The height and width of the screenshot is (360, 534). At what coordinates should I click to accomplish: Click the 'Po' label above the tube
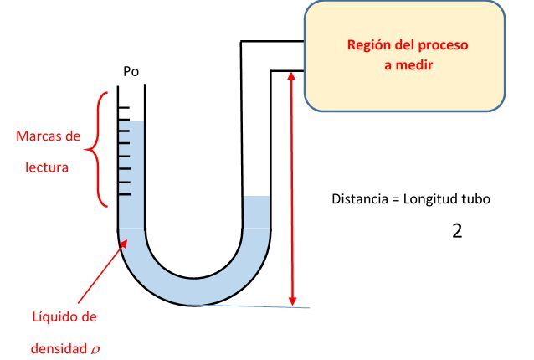click(131, 71)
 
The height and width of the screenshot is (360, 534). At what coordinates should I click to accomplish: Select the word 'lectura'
click(47, 167)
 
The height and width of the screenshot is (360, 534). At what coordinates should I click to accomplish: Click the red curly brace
click(96, 149)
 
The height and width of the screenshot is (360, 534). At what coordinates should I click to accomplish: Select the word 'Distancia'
click(360, 199)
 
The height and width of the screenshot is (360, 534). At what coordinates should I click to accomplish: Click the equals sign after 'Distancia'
click(395, 199)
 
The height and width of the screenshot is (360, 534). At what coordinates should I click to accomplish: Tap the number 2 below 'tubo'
click(457, 231)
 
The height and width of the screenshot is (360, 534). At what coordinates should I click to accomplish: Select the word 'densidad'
click(59, 349)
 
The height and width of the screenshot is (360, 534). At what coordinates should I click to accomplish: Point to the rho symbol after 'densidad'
click(95, 350)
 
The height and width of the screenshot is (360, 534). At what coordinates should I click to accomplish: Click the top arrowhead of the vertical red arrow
click(291, 75)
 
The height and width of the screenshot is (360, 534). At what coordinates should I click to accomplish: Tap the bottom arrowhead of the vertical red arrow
click(292, 301)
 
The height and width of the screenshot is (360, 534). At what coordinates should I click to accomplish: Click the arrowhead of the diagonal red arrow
click(123, 244)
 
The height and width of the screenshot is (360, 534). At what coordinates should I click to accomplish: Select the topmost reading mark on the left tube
click(123, 108)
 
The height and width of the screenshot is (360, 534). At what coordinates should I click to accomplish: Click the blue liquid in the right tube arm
click(257, 212)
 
